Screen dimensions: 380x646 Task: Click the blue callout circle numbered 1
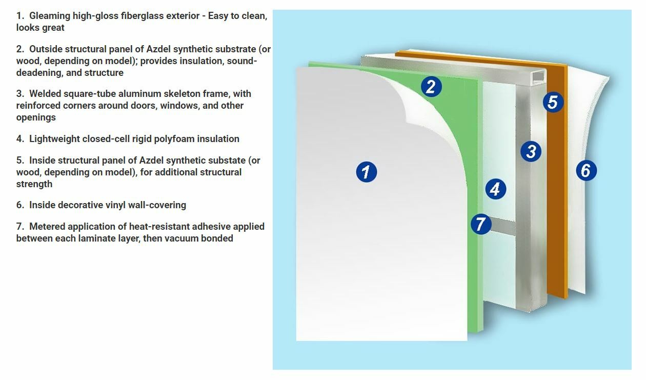pos(366,172)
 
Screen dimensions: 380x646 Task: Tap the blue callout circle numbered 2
pos(431,86)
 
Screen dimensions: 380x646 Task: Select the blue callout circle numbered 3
pos(531,151)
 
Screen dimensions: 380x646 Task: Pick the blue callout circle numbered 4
pos(495,189)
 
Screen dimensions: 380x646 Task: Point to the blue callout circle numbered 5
pos(552,102)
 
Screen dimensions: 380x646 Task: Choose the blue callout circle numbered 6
pos(586,170)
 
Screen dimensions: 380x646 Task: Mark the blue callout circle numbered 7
pos(481,224)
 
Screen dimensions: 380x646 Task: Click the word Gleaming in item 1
pos(50,16)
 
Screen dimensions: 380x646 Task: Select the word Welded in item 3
pos(45,94)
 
